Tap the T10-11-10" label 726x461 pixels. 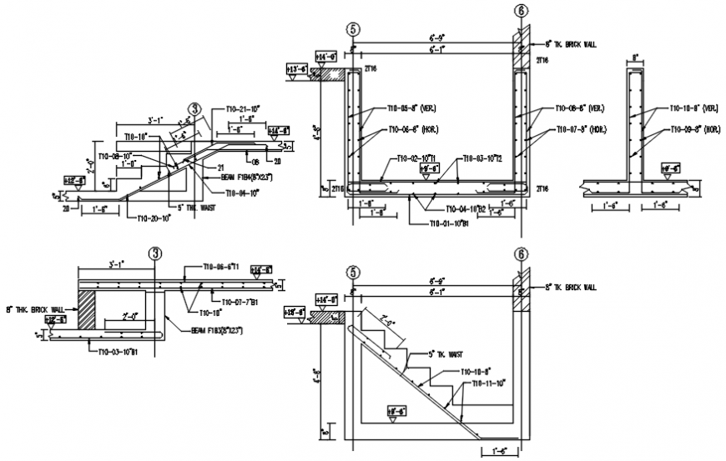pyautogui.click(x=489, y=383)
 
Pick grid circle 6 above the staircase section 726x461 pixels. pyautogui.click(x=521, y=253)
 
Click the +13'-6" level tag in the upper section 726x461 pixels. pyautogui.click(x=296, y=70)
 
